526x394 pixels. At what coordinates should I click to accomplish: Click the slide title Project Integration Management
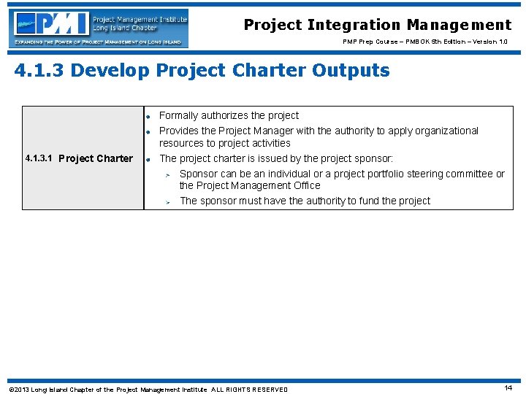[x=378, y=25]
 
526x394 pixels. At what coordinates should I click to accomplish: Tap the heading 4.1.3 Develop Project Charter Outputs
[x=202, y=71]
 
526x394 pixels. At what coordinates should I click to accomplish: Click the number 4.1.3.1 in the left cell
[x=39, y=158]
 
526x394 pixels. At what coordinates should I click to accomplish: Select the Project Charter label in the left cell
[x=96, y=158]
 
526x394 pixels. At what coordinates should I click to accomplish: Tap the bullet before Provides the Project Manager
[x=148, y=132]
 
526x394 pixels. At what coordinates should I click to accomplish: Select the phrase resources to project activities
[x=224, y=143]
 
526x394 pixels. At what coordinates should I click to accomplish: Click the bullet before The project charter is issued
[x=148, y=159]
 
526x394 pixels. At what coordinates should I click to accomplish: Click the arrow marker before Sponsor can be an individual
[x=167, y=174]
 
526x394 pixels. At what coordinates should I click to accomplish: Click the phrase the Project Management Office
[x=250, y=185]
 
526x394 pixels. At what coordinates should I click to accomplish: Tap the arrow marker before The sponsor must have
[x=167, y=201]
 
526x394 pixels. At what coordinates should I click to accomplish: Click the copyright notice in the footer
[x=148, y=390]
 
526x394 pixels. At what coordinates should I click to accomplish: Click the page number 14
[x=508, y=388]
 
